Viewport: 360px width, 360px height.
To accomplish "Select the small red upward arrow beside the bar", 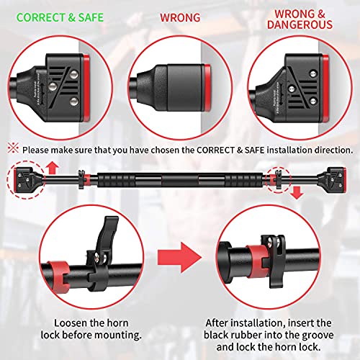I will tap(51, 169).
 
